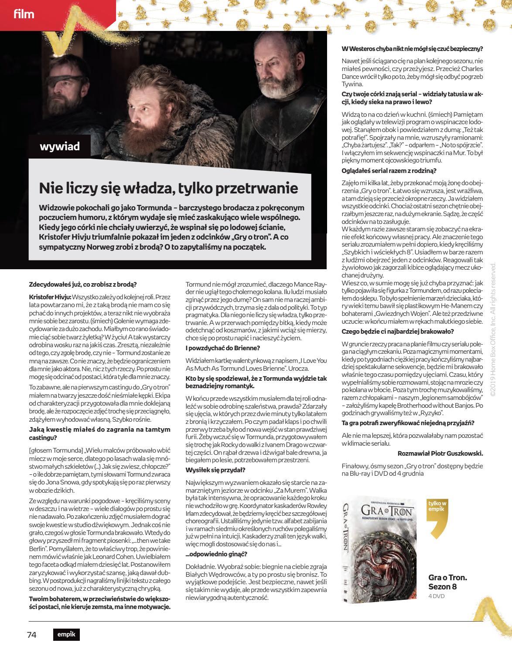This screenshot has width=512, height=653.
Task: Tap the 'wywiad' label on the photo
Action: [x=60, y=146]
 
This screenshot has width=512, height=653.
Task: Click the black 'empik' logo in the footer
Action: [x=66, y=635]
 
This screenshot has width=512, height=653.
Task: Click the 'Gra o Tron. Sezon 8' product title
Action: [x=447, y=582]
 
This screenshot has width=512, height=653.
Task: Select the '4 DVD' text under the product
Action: [x=437, y=596]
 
